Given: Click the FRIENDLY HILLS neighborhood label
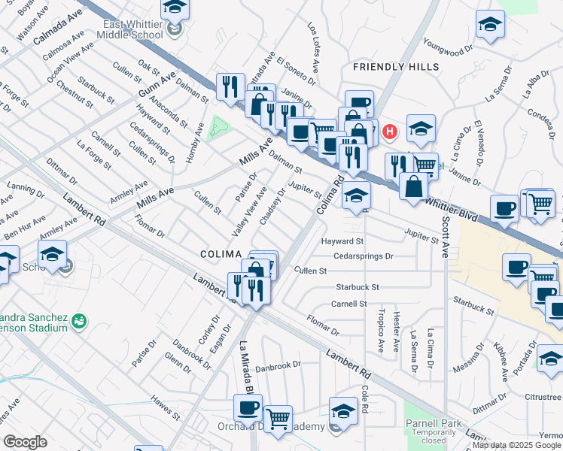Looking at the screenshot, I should coord(396,67).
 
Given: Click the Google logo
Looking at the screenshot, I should coord(25,442).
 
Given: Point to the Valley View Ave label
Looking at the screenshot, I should coord(249,213).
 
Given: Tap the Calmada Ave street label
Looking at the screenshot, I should coord(57,29).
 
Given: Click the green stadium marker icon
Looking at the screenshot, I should coord(78,322).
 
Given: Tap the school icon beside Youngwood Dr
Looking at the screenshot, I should coord(490,26).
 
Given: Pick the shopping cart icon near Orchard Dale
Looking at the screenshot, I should coord(278,418).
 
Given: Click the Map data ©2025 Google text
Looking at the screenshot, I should coord(516,445).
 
